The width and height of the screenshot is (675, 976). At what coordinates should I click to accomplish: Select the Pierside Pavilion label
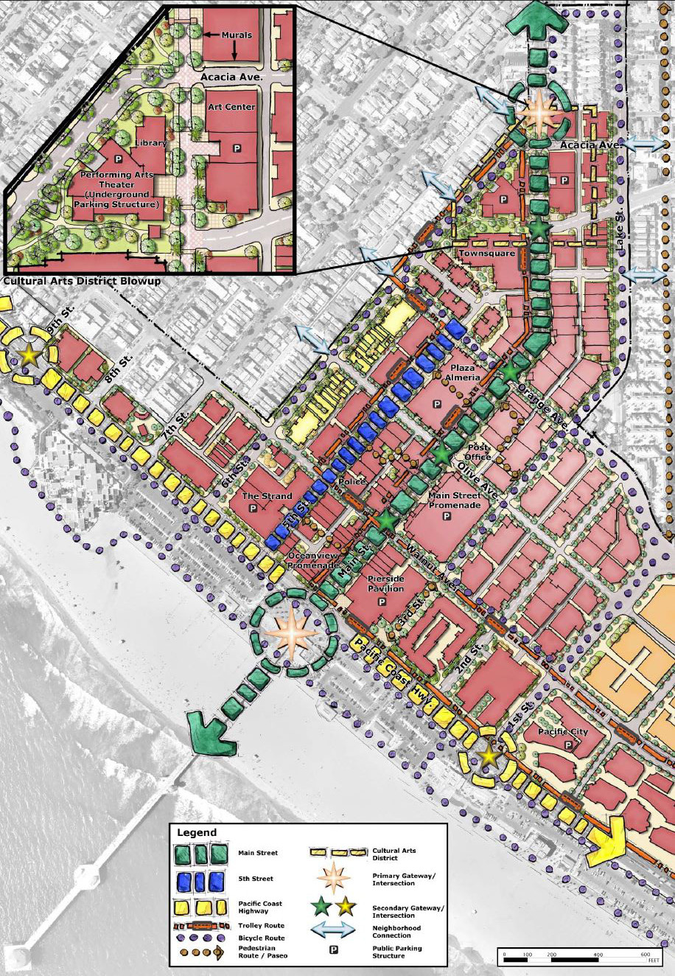385,584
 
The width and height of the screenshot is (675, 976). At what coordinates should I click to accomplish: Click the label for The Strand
267,496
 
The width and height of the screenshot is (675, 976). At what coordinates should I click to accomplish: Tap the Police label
352,481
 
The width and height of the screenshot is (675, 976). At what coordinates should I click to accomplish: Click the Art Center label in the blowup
231,107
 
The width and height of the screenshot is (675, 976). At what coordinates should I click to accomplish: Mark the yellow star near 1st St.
489,755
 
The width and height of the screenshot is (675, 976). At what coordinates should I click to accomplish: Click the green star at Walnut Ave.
385,519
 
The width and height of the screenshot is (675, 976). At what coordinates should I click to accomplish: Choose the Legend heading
197,832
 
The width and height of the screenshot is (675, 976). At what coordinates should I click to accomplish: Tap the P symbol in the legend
334,949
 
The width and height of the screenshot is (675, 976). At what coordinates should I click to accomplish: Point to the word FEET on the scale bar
653,961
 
